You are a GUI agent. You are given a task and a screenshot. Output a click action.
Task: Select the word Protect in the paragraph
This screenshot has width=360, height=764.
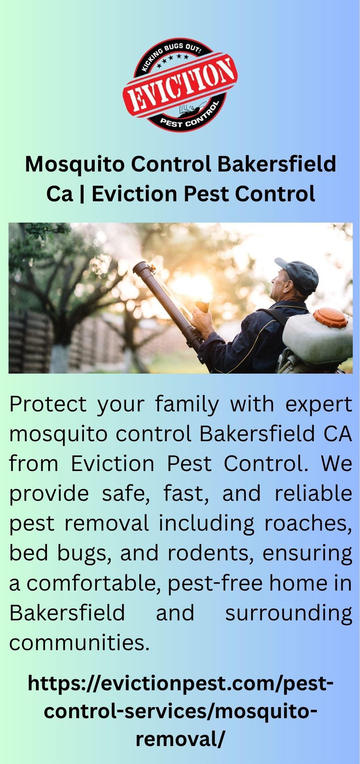[48, 405]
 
